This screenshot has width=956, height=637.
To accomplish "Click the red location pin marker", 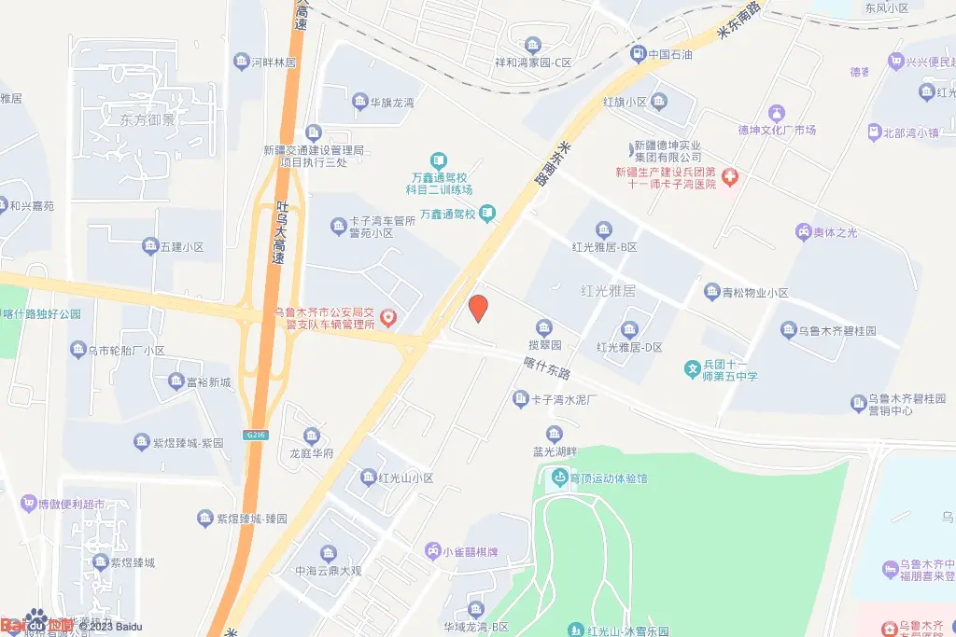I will coord(478,308).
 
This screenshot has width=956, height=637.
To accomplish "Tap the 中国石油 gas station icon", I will coord(638,54).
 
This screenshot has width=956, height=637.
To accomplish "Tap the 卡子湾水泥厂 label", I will coord(564,400).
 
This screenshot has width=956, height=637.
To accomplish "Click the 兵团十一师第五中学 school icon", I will coord(693,369).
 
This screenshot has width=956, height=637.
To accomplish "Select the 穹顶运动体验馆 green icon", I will coord(559,478).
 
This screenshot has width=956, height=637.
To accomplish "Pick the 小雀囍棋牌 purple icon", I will coord(432,550).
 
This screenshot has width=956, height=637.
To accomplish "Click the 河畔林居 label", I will coord(273,62).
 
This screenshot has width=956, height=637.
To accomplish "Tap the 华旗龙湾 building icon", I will coord(360,102).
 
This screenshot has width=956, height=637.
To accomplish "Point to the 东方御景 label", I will coord(148,120).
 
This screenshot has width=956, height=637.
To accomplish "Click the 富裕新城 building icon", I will coord(176,381).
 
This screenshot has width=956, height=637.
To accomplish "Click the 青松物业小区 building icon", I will coord(711,293).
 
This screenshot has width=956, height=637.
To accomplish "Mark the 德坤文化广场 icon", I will coord(773,113).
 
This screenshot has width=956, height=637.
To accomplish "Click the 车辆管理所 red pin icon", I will coord(389,319).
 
